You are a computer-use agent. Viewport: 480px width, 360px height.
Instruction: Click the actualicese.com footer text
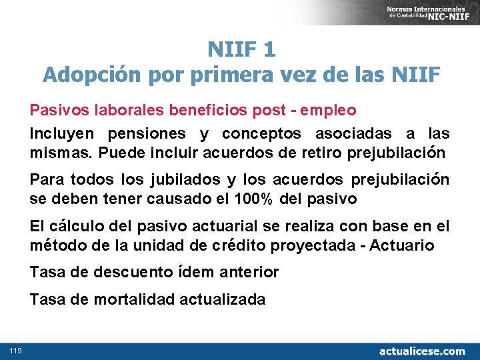[x=422, y=351]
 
